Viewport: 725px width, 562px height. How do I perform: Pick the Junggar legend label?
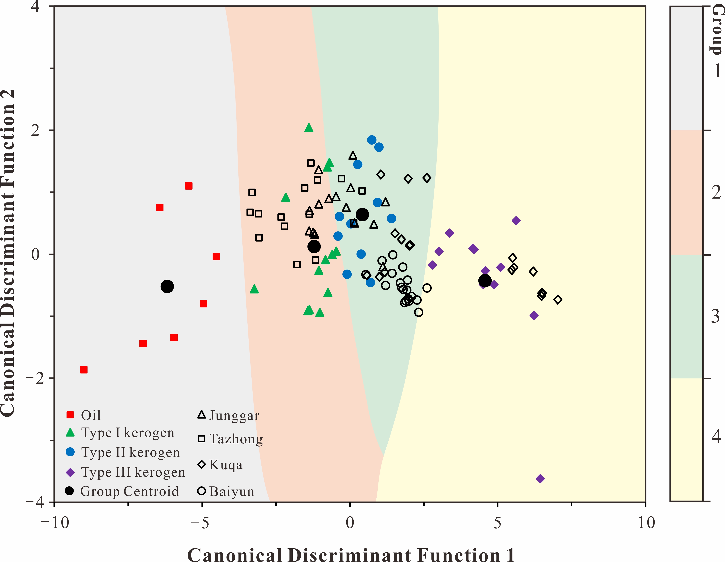pos(234,415)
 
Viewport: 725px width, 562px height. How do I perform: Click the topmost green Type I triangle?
pos(309,128)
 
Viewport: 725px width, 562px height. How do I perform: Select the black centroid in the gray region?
pos(167,286)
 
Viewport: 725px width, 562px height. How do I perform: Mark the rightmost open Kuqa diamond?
pos(558,300)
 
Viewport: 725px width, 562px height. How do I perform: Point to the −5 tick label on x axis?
pos(200,523)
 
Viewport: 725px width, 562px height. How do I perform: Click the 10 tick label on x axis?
pos(646,523)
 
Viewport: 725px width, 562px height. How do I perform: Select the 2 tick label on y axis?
pos(35,130)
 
